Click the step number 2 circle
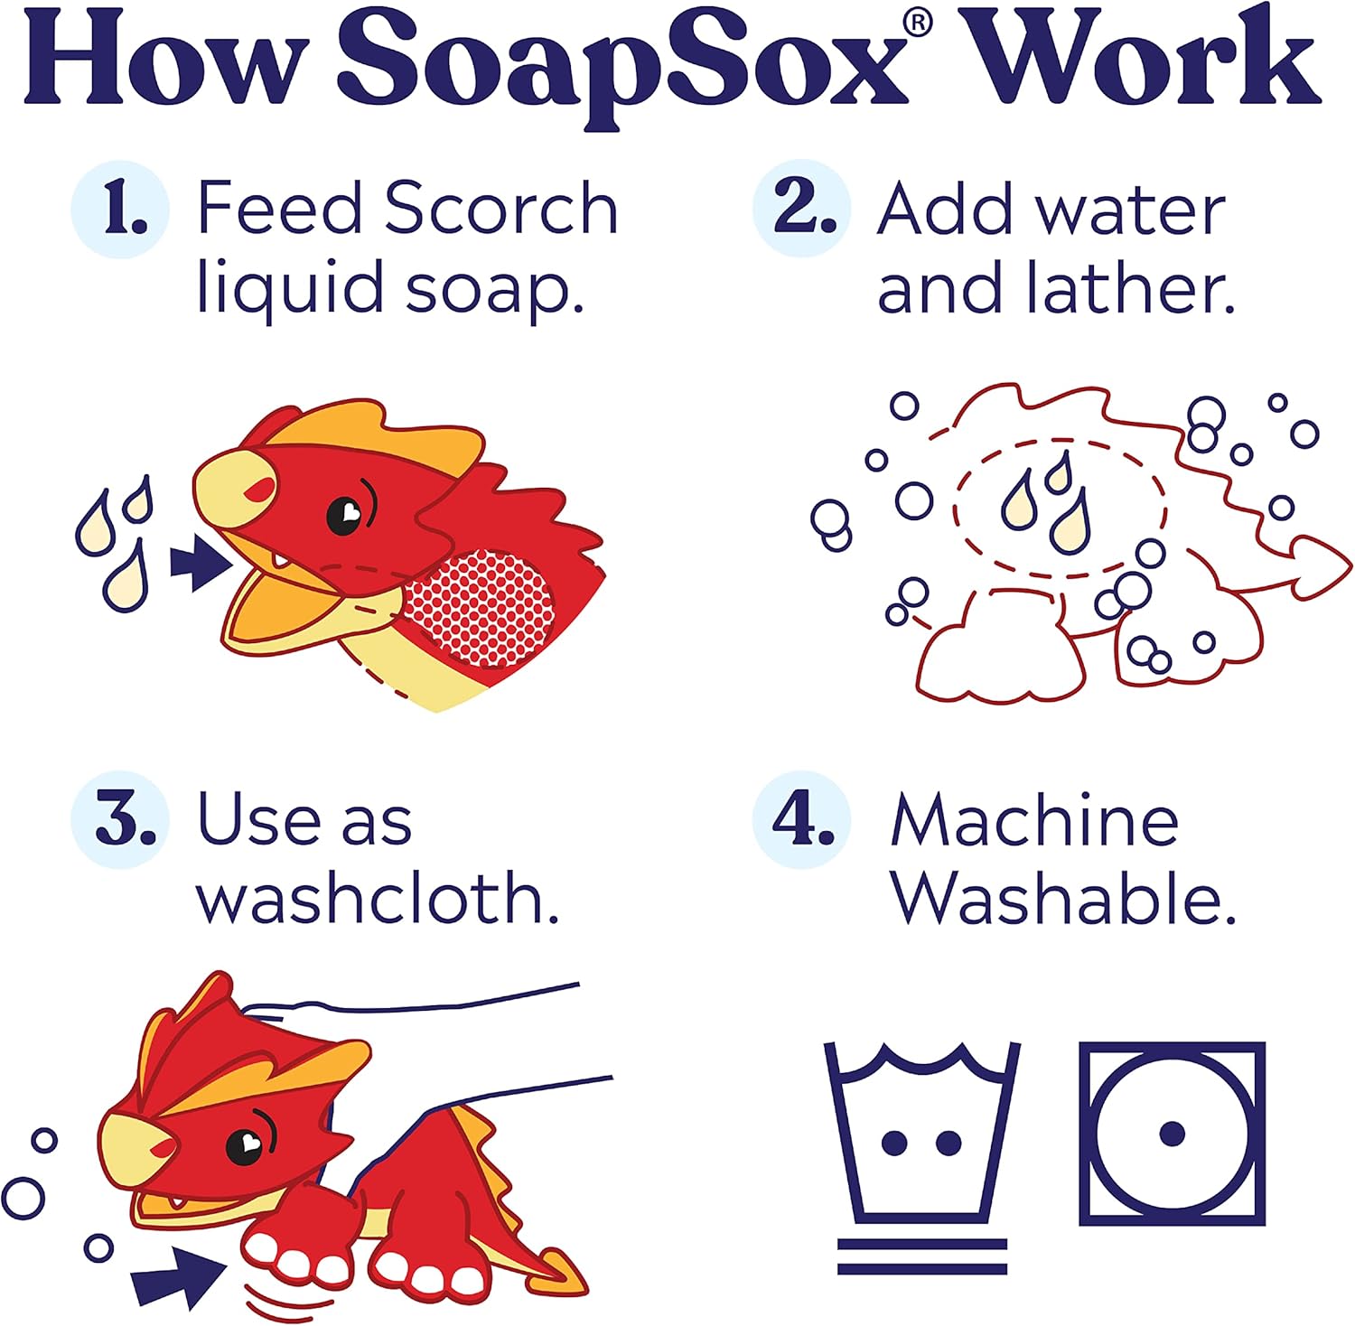(800, 208)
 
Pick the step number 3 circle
(121, 820)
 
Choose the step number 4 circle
(800, 820)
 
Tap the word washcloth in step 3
(378, 899)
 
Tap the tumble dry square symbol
(1172, 1133)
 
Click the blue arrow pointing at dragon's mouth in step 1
(201, 564)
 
